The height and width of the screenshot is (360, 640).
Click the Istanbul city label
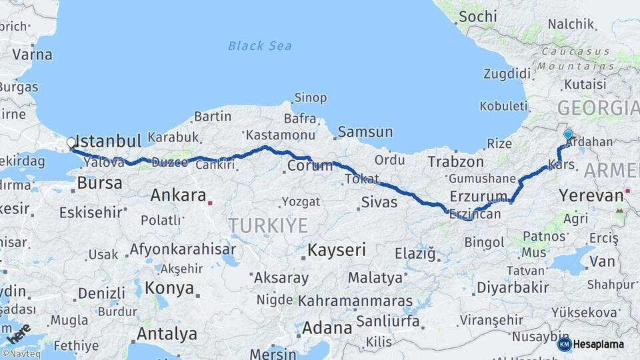coord(109,141)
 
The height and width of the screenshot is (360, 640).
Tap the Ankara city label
coord(178,195)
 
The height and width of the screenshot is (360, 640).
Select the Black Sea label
coord(259,46)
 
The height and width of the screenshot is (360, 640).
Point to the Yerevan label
coord(591,195)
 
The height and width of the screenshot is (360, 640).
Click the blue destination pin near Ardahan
coord(568,135)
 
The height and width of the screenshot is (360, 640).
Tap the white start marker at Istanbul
coord(71,143)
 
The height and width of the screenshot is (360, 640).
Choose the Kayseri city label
coord(337,251)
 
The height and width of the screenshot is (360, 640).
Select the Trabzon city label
coord(455,161)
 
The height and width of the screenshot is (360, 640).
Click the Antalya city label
coord(167,333)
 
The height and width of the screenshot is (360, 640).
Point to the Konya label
coord(169,289)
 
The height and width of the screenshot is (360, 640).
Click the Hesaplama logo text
coord(599,344)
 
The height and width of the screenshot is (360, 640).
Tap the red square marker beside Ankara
coord(211,202)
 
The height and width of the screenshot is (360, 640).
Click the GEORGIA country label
coord(597,107)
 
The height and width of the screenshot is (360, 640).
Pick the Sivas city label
coord(379,202)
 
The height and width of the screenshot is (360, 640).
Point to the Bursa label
coord(99,183)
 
